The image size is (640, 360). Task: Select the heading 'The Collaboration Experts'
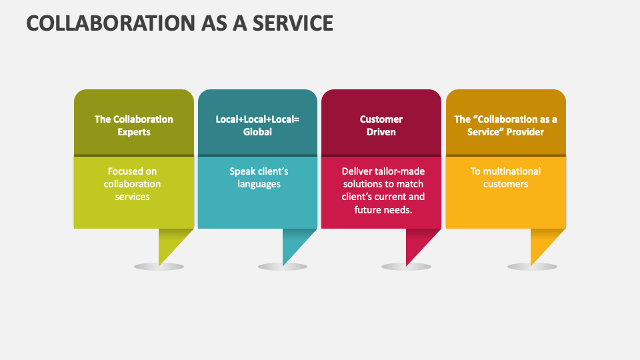click(x=133, y=125)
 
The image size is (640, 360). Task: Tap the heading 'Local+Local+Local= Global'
click(x=257, y=125)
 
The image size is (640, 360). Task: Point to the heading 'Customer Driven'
click(x=381, y=125)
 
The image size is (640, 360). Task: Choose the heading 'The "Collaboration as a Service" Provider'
click(x=505, y=125)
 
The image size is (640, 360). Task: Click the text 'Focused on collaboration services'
click(x=132, y=184)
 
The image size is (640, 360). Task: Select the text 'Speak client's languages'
click(x=259, y=177)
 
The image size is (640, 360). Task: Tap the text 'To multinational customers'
click(x=505, y=177)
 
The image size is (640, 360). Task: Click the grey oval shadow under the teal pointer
click(x=283, y=267)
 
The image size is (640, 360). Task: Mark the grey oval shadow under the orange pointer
click(x=532, y=267)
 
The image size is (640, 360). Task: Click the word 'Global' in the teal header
click(x=257, y=132)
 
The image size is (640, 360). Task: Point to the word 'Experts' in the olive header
click(x=134, y=132)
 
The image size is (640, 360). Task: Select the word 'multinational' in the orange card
click(x=513, y=171)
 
